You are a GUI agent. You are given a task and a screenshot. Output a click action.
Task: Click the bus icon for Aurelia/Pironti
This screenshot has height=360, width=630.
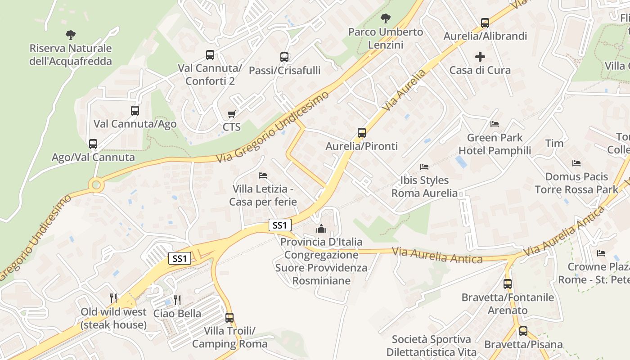[x=362, y=133]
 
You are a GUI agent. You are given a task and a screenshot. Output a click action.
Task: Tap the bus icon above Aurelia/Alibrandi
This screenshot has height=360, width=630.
[x=485, y=22]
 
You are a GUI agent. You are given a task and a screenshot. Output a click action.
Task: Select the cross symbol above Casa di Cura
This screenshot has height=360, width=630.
[x=480, y=57]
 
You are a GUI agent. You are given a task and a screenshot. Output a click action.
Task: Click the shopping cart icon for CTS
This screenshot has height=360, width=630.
[x=231, y=114]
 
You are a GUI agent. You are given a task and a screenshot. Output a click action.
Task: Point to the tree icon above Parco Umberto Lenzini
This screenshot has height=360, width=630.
[x=385, y=18]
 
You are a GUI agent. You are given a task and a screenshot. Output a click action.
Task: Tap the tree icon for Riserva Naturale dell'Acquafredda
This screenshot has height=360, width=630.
[x=70, y=35]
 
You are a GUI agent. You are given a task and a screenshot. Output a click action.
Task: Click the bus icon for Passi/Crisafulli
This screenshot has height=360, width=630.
[x=284, y=57]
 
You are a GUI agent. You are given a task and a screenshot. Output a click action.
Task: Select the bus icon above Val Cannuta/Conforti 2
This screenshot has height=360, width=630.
[x=210, y=55]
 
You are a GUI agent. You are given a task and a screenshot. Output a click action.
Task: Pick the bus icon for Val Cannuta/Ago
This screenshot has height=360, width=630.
[x=135, y=110]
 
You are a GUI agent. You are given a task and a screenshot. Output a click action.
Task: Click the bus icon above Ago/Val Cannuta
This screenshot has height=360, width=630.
[x=93, y=144]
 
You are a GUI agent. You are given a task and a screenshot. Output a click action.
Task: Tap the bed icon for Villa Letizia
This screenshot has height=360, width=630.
[x=263, y=175]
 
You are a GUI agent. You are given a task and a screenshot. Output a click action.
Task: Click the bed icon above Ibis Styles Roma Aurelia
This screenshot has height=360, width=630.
[x=424, y=167]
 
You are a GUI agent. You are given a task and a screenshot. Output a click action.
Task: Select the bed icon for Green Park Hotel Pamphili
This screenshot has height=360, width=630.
[x=495, y=124]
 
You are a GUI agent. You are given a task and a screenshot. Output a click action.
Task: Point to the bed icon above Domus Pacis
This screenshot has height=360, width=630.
[x=576, y=163]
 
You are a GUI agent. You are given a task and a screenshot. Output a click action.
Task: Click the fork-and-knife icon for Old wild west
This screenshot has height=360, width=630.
[x=113, y=298]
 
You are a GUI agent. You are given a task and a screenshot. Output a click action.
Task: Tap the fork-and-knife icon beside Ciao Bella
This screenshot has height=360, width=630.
[x=177, y=300]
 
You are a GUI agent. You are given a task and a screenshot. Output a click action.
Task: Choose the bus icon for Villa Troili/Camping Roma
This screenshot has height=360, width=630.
[x=229, y=318]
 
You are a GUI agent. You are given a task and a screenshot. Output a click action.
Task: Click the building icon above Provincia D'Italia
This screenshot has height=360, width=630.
[x=321, y=229]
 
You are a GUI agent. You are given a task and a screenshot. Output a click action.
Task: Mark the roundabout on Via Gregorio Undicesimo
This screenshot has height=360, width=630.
[x=96, y=184]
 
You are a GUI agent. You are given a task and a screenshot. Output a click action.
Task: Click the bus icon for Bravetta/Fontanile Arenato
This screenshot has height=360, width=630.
[x=508, y=284]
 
